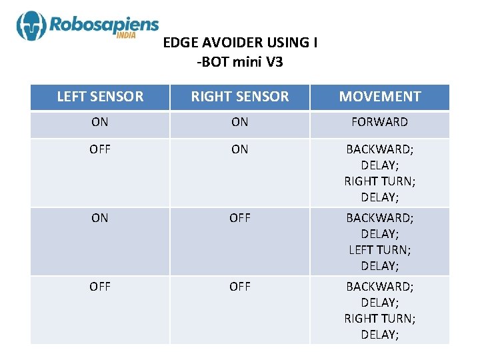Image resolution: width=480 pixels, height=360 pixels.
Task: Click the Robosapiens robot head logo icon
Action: [31, 27]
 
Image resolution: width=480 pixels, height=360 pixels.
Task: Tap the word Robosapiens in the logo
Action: [103, 26]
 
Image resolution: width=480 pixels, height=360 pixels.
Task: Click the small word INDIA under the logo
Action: [126, 36]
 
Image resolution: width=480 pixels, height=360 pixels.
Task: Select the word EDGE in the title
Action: [177, 43]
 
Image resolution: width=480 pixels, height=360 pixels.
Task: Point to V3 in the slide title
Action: [272, 63]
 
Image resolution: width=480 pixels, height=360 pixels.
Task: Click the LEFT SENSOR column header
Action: [100, 97]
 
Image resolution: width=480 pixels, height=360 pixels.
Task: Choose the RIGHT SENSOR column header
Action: [240, 97]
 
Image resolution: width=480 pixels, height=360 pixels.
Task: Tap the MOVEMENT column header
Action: [380, 97]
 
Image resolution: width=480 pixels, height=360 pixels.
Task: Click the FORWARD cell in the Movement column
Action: [380, 122]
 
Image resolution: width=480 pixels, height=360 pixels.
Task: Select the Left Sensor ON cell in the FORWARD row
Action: [100, 122]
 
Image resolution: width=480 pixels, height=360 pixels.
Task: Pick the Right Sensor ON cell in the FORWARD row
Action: [240, 122]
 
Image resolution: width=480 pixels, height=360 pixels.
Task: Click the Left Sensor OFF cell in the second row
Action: [100, 149]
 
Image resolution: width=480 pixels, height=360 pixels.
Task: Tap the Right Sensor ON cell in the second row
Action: [240, 149]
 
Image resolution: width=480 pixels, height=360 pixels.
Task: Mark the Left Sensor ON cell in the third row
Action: [100, 218]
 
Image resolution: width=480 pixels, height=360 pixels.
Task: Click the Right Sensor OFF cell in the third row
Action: [240, 218]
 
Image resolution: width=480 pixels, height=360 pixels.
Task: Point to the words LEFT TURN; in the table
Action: [380, 250]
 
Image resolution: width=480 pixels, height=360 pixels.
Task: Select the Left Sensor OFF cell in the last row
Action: [100, 287]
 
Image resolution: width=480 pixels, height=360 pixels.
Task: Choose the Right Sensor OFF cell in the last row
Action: [240, 287]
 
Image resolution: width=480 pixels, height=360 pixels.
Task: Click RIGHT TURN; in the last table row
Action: [380, 319]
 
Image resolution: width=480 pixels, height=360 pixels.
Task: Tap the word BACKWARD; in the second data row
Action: [380, 149]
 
